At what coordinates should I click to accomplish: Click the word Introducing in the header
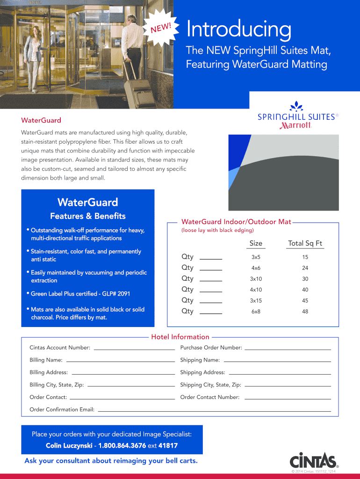pyautogui.click(x=238, y=29)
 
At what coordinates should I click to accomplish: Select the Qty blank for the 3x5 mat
pyautogui.click(x=211, y=258)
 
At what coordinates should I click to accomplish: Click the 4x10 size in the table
pyautogui.click(x=256, y=290)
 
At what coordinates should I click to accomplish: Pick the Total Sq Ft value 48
pyautogui.click(x=305, y=312)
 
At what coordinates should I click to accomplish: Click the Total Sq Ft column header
pyautogui.click(x=305, y=243)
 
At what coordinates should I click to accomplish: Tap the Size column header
pyautogui.click(x=256, y=243)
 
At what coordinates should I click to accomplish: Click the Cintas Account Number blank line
pyautogui.click(x=134, y=348)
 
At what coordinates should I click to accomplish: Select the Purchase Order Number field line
pyautogui.click(x=288, y=348)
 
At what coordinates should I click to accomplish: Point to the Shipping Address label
pyautogui.click(x=202, y=372)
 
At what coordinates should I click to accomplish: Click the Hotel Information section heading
pyautogui.click(x=180, y=337)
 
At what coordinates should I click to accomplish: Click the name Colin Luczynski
pyautogui.click(x=69, y=446)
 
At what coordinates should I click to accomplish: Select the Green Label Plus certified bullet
pyautogui.click(x=80, y=294)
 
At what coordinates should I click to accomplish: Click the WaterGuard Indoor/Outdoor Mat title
pyautogui.click(x=236, y=222)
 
